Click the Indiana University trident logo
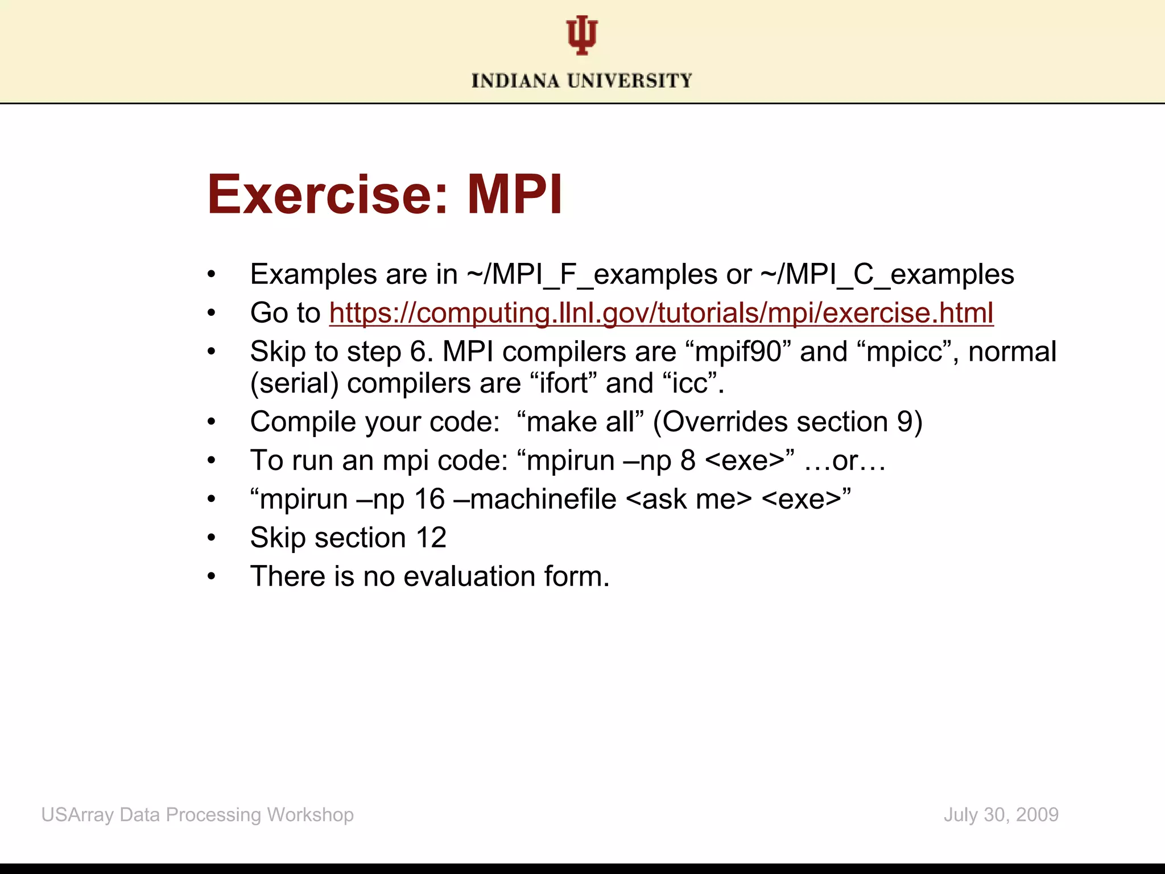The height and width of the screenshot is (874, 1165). click(x=581, y=35)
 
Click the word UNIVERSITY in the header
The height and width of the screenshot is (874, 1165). click(x=630, y=81)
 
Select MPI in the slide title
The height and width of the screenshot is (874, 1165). click(x=515, y=195)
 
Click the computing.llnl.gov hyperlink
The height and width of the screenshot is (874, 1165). click(x=661, y=313)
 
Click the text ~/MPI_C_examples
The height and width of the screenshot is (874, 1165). click(x=887, y=274)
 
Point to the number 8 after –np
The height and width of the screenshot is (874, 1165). click(x=688, y=460)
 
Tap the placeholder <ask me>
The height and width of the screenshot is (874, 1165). click(x=689, y=499)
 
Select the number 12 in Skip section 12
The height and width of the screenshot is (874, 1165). click(x=431, y=538)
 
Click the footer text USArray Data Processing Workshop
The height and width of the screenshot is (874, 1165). click(x=197, y=815)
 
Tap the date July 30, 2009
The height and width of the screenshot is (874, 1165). click(x=1001, y=815)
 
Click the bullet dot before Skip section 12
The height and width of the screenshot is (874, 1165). click(x=212, y=538)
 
